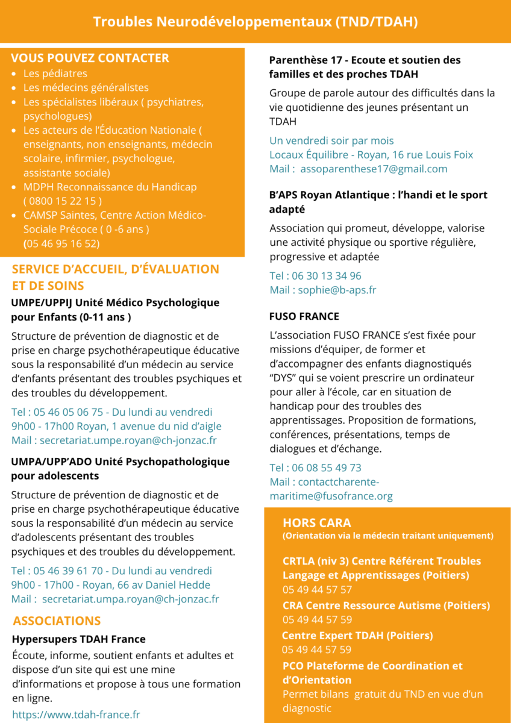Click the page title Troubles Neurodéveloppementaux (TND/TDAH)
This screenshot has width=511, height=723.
tap(255, 22)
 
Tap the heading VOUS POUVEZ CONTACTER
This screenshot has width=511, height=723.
tap(90, 58)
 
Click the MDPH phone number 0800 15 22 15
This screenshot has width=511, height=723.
tap(63, 201)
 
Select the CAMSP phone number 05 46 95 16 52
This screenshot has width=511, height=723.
tap(63, 243)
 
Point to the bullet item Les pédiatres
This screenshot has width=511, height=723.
tap(55, 74)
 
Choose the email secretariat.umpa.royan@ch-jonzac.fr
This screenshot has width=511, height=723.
tap(131, 599)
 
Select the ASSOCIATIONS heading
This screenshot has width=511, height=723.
tap(57, 621)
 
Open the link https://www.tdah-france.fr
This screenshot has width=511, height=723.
tap(76, 715)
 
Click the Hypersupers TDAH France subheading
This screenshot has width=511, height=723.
tap(79, 639)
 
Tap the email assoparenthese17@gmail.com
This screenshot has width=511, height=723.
tap(374, 169)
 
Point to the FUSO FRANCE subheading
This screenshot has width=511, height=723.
tap(304, 316)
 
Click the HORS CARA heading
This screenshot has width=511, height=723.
tap(316, 522)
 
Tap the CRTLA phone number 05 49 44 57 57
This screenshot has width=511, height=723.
tap(317, 590)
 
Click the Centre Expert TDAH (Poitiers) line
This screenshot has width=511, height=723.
tap(357, 636)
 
